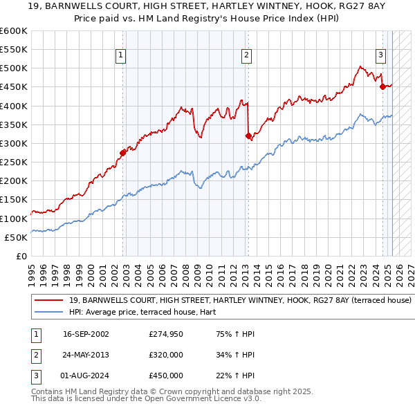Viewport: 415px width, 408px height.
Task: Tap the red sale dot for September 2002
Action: (x=123, y=152)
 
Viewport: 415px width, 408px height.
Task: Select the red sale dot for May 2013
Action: (x=248, y=136)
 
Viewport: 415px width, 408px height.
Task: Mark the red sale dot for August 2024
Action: (x=382, y=86)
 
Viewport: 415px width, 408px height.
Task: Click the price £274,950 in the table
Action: (x=165, y=335)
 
